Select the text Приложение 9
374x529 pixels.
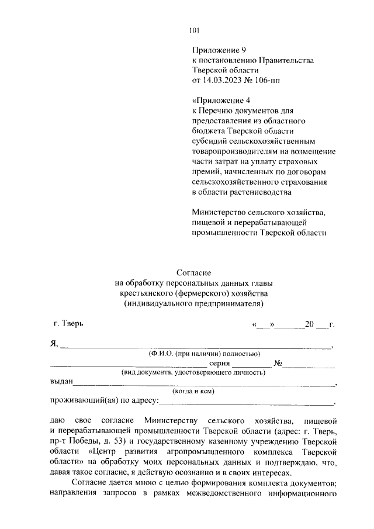click(x=216, y=51)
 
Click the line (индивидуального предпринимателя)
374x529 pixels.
click(x=193, y=303)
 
